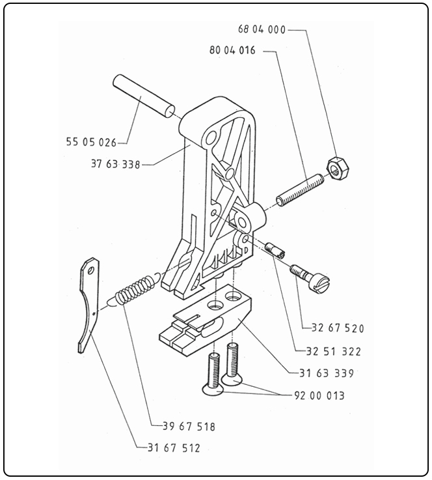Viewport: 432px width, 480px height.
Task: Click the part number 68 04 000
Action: click(262, 30)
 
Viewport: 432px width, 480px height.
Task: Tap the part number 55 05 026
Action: click(90, 141)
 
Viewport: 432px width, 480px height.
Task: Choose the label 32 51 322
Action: click(333, 351)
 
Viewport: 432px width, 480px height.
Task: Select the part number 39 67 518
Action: click(189, 427)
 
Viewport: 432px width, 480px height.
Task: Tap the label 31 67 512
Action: click(174, 448)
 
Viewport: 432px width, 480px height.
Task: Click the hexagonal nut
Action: click(337, 171)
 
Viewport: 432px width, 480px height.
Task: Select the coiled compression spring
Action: click(134, 290)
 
